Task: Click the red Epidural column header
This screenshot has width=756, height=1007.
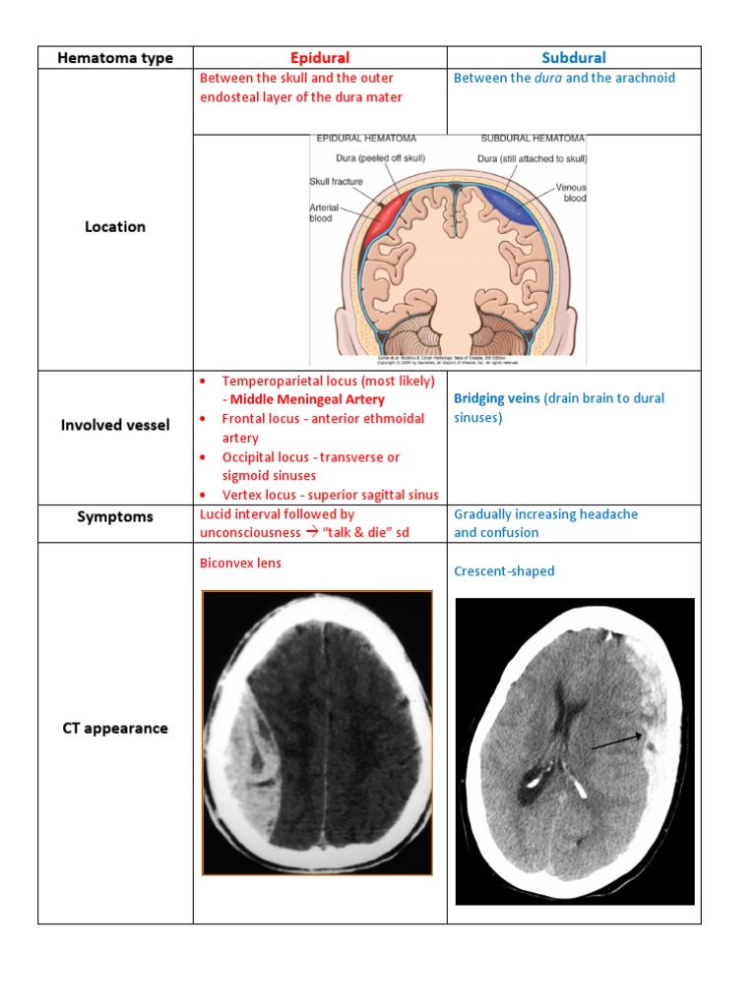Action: [320, 58]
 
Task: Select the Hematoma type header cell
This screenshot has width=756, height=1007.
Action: [115, 58]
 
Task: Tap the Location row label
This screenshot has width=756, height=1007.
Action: [115, 226]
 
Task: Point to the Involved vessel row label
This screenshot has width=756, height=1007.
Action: [115, 425]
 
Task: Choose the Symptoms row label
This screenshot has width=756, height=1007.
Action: [115, 516]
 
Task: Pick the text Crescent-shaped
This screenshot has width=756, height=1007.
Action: [504, 571]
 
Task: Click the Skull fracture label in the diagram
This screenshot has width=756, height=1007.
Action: [337, 182]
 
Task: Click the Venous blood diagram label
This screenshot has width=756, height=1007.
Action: [570, 192]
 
